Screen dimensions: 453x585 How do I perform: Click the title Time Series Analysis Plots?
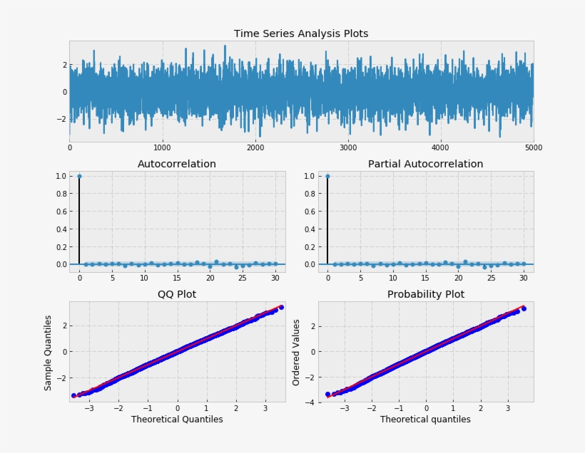pos(301,33)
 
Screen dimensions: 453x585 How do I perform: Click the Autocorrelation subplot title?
pos(177,164)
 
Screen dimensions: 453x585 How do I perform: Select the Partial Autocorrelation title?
pos(425,164)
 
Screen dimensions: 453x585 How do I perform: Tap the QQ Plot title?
pos(177,294)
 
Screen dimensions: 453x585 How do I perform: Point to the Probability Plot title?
pos(425,294)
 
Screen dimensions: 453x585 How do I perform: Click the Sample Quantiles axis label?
pos(49,352)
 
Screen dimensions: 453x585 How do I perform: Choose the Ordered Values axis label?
pos(297,352)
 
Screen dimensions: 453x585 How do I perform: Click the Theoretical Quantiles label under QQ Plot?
pos(177,420)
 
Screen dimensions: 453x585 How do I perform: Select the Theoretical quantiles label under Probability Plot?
pos(425,420)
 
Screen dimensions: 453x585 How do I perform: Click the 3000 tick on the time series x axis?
pos(348,148)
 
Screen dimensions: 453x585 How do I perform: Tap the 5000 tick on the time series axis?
pos(533,148)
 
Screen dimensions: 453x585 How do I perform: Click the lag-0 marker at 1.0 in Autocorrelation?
pos(79,176)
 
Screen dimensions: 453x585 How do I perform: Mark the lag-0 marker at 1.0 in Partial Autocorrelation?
pos(327,176)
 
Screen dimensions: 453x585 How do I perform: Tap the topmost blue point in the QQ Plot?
pos(281,307)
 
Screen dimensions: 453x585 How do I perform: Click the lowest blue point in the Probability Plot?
pos(327,394)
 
